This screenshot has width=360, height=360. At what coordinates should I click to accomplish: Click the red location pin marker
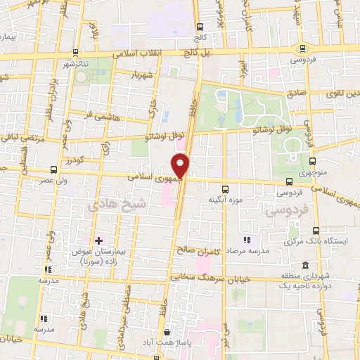(x=181, y=165)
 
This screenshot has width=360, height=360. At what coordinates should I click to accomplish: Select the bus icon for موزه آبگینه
(x=225, y=189)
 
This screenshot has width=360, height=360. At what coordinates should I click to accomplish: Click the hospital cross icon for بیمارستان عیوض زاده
(x=98, y=241)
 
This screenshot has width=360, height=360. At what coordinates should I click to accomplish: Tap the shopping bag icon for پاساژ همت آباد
(x=166, y=333)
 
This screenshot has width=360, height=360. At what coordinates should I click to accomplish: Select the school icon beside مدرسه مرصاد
(x=245, y=240)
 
